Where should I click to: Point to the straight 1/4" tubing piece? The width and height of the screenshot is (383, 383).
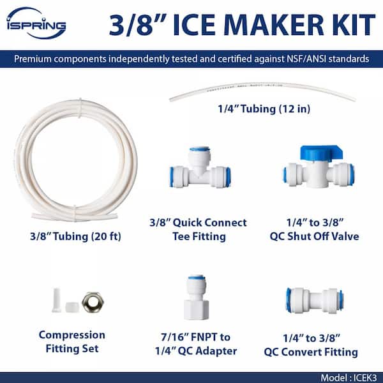pyautogui.click(x=262, y=95)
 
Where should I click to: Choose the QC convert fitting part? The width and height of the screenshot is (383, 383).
pyautogui.click(x=315, y=299)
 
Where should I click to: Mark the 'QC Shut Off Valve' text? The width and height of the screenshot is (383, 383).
pyautogui.click(x=320, y=236)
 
